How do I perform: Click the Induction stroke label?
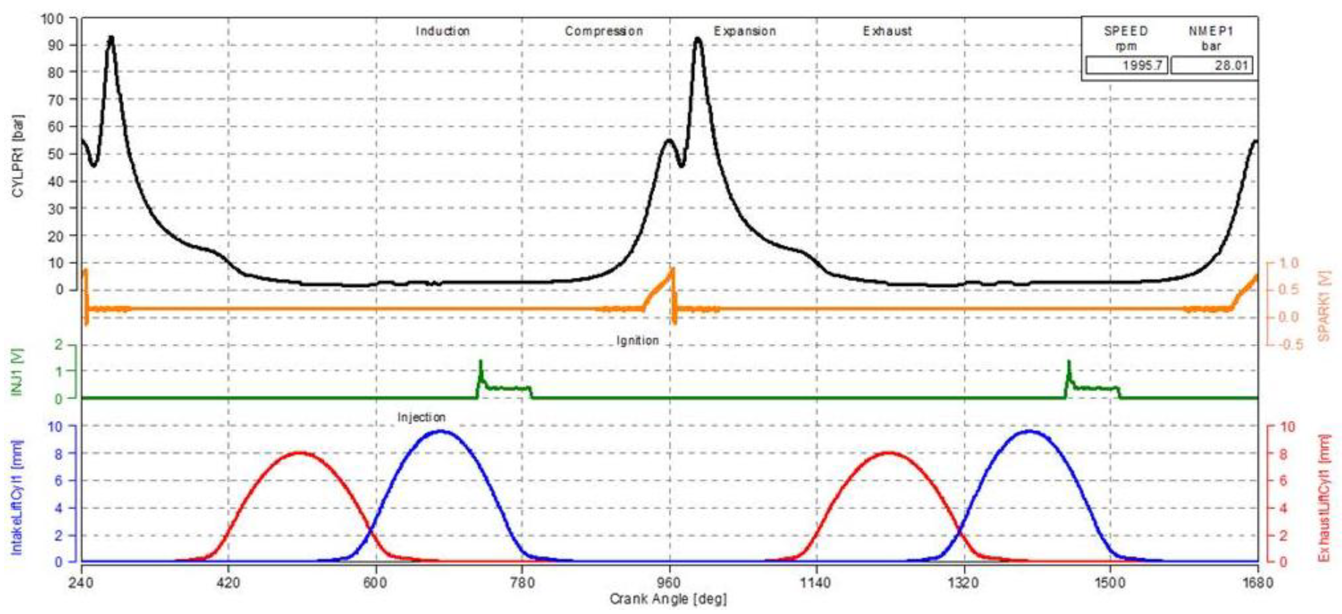[442, 31]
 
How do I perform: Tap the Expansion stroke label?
[744, 31]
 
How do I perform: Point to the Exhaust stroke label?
[887, 31]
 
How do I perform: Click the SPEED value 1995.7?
[1126, 66]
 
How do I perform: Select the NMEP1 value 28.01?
[1212, 66]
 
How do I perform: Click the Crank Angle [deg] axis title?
[668, 599]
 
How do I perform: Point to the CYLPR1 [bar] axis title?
[18, 156]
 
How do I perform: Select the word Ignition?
[637, 341]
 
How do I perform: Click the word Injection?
[421, 417]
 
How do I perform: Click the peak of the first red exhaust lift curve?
[300, 453]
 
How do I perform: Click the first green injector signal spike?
[480, 362]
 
